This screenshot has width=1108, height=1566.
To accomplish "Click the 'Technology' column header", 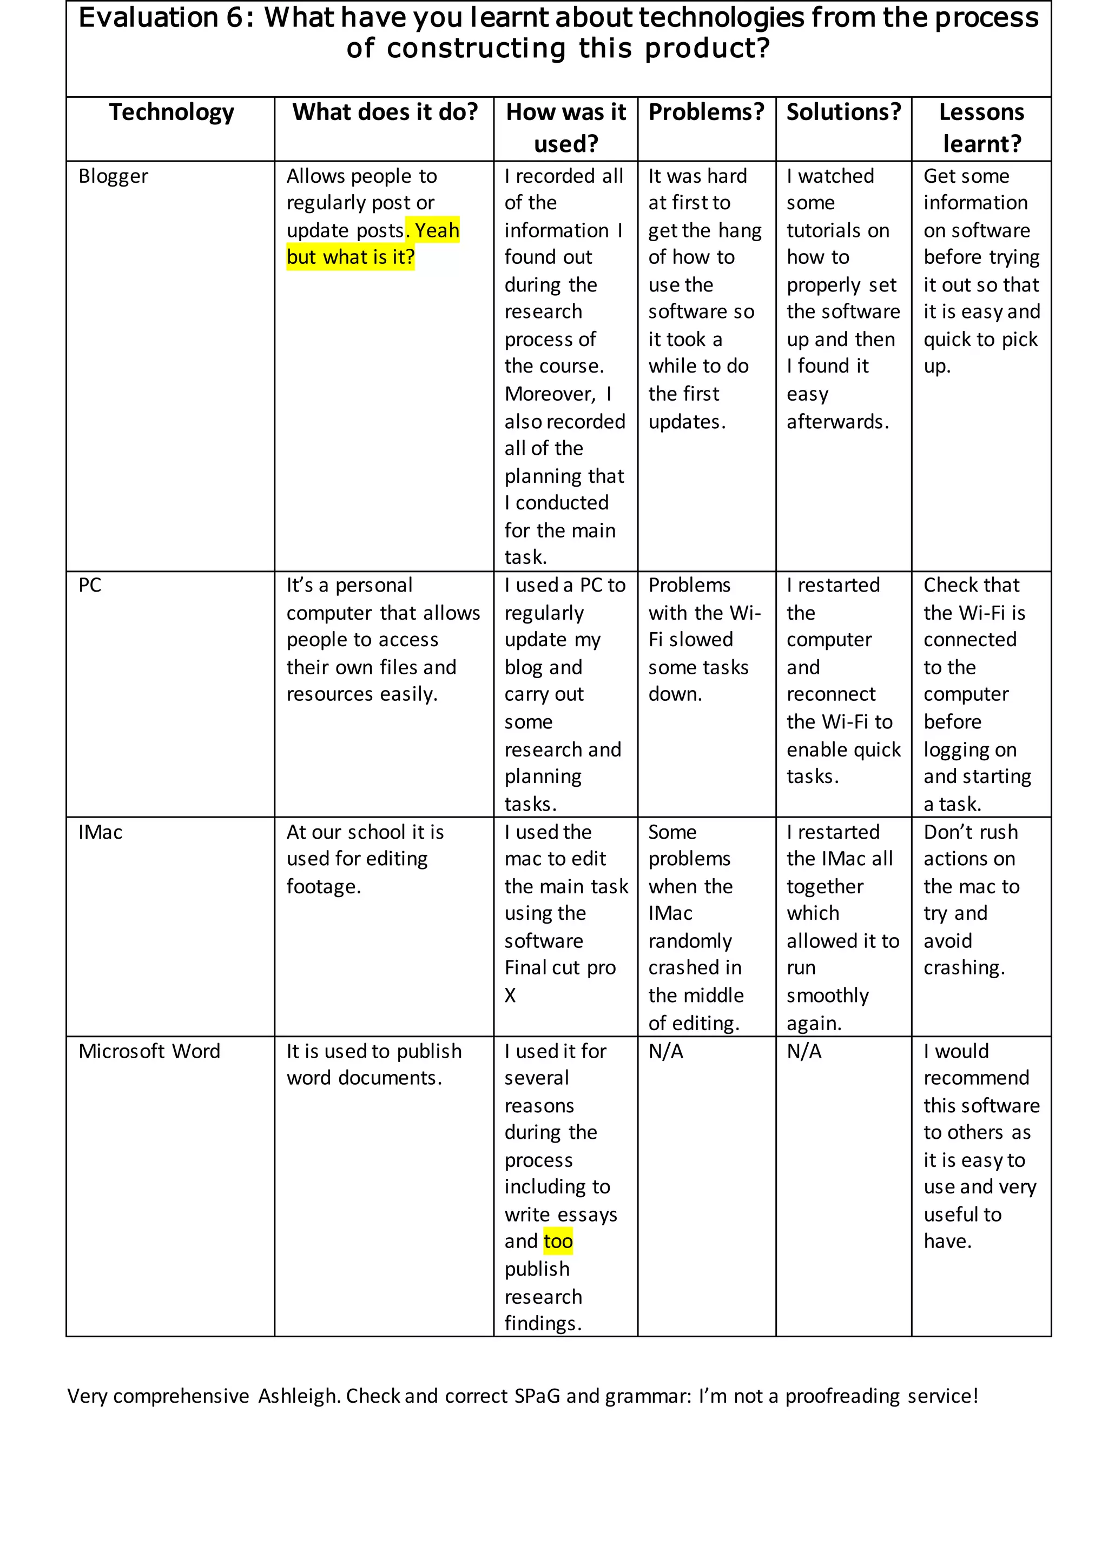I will [172, 112].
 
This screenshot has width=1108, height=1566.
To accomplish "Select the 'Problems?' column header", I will [706, 112].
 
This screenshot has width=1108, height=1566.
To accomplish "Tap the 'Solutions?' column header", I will [843, 112].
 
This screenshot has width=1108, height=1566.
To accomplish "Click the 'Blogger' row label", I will [113, 177].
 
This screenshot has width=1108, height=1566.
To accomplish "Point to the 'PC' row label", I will [90, 585].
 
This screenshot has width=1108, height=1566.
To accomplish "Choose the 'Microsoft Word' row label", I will [149, 1051].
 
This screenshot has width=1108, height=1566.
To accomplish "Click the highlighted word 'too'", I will [558, 1242].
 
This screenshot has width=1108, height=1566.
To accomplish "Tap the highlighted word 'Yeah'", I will [437, 230].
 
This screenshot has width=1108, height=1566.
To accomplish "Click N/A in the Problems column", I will [665, 1052].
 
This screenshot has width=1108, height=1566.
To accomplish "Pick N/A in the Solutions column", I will [804, 1052].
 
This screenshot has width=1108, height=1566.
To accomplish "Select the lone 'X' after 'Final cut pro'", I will [510, 996].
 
